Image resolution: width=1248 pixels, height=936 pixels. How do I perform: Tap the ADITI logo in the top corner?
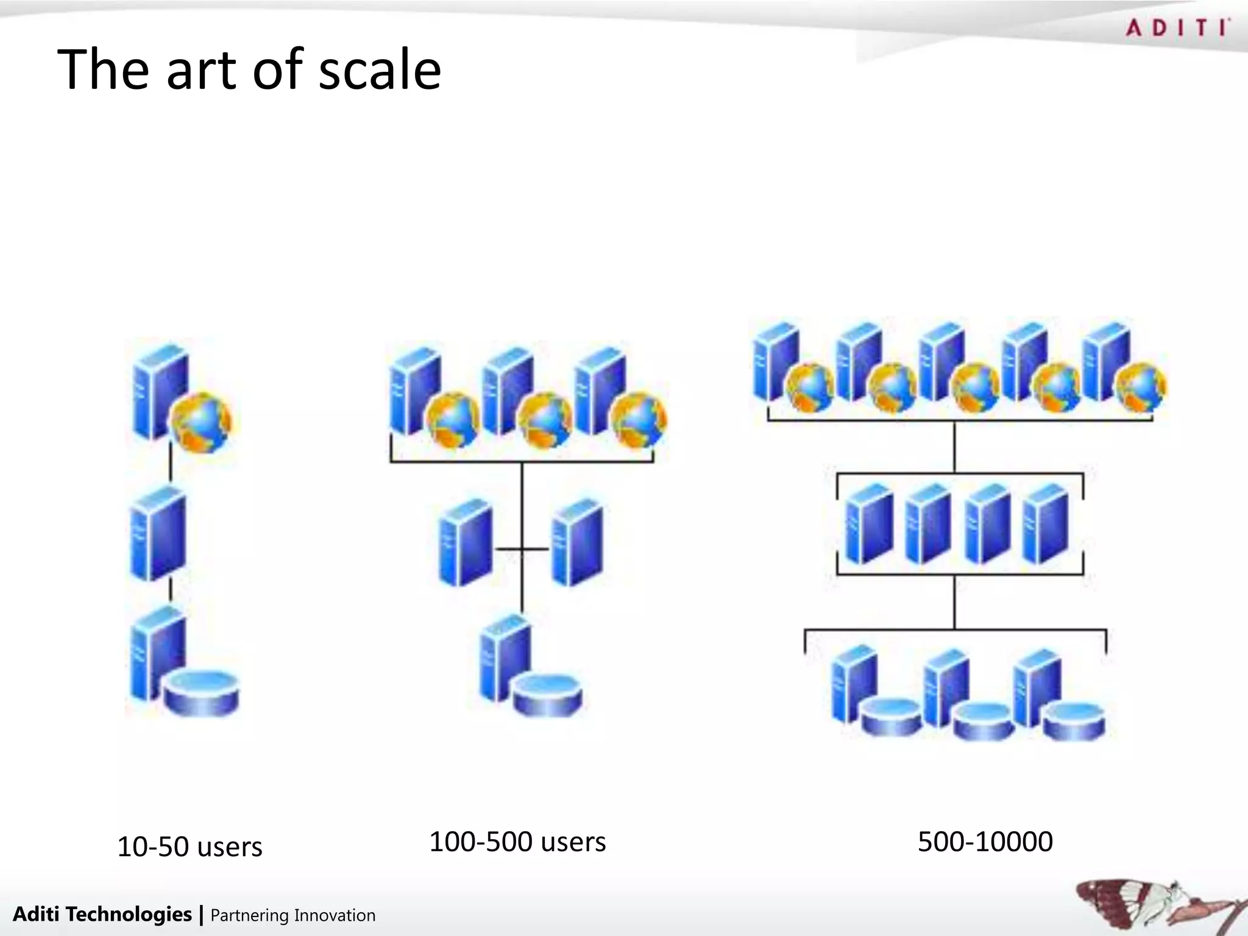point(1177,28)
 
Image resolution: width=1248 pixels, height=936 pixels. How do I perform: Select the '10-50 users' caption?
point(190,846)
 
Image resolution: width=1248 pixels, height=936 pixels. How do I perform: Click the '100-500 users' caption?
point(517,842)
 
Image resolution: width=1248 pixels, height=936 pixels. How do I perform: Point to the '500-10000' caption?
point(985,842)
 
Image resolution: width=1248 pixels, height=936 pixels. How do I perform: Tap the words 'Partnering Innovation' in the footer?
point(292,915)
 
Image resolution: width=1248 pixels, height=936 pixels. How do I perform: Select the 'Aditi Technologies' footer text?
point(102,914)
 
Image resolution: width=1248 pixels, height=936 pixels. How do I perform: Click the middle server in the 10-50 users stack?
point(158,533)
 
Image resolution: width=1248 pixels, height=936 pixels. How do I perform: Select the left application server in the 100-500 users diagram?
point(466,542)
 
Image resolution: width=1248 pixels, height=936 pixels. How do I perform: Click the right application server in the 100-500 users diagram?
point(577,542)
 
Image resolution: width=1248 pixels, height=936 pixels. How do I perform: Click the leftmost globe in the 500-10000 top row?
point(810,387)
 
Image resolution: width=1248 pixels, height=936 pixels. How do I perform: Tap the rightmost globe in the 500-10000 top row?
point(1141,387)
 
